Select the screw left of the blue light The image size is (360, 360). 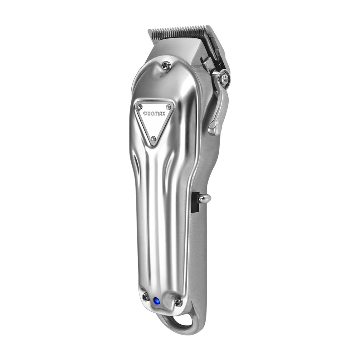click(x=145, y=297)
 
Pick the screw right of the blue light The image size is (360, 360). click(x=178, y=303)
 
